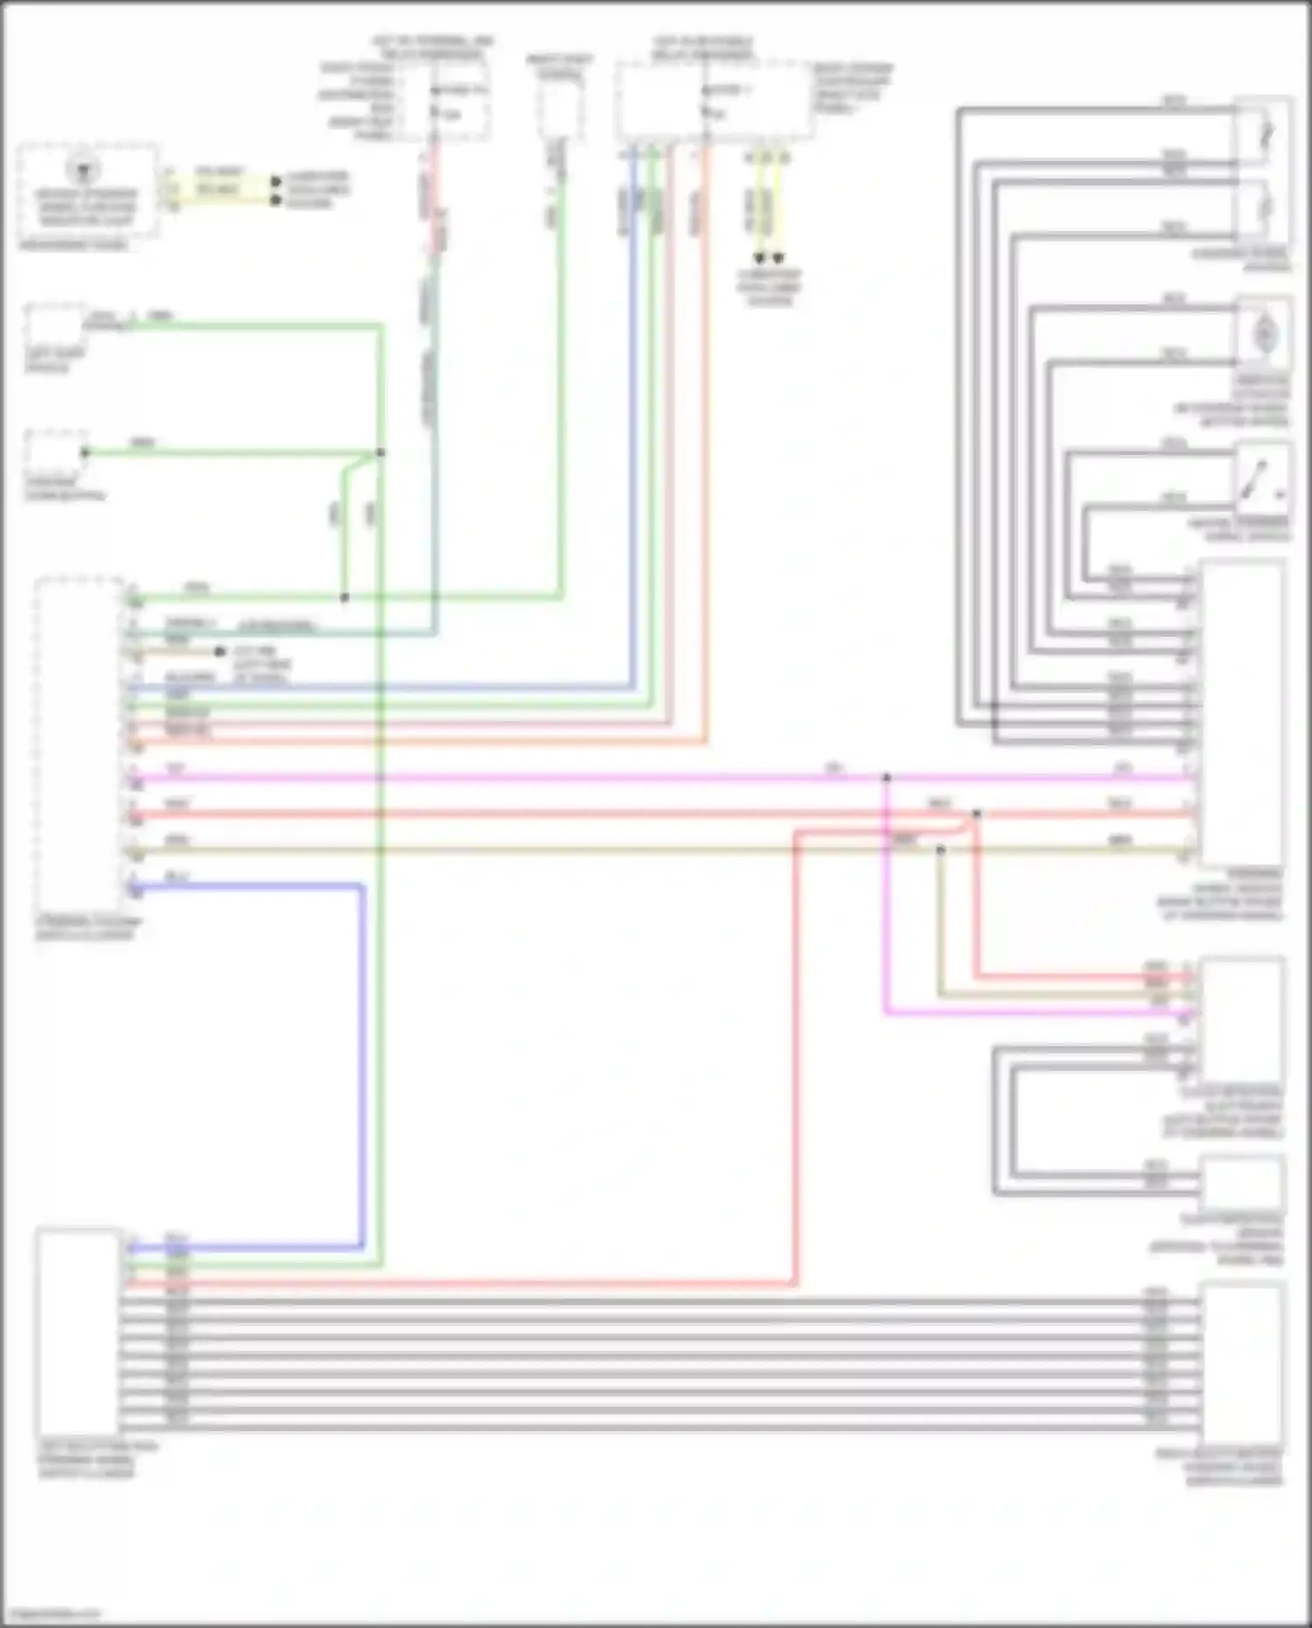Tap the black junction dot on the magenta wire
(x=886, y=777)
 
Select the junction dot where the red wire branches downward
(x=977, y=814)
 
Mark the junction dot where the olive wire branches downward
(x=940, y=849)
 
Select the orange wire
(x=705, y=437)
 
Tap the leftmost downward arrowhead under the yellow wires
(x=759, y=259)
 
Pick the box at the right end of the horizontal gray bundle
(x=1242, y=1365)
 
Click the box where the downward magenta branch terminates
(x=1242, y=1019)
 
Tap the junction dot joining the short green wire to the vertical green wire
(x=380, y=452)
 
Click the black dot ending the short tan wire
(x=220, y=652)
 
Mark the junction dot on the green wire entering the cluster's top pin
(x=345, y=597)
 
